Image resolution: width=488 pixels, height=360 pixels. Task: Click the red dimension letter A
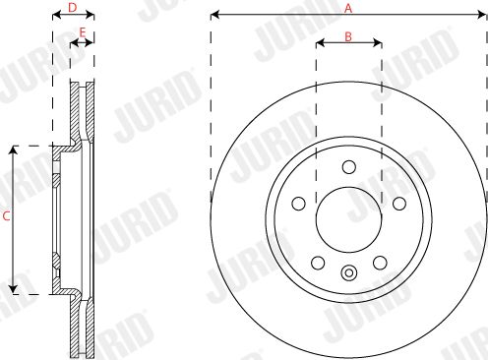coord(348,8)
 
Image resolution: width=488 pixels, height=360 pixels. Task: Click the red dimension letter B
coord(348,36)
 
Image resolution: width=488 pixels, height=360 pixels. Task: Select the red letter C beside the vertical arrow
coord(6,216)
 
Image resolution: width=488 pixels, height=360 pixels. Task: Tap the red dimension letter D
coord(72,8)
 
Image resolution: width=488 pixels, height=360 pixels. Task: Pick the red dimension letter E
coord(83,32)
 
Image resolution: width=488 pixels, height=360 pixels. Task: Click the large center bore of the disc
coord(349,219)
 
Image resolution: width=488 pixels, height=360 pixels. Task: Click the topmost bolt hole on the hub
coord(349,167)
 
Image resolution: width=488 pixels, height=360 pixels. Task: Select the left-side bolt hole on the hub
coord(298,204)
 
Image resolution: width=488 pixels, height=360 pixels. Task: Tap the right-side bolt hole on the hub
coord(399,204)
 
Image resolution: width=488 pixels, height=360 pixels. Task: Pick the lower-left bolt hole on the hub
coord(318,263)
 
